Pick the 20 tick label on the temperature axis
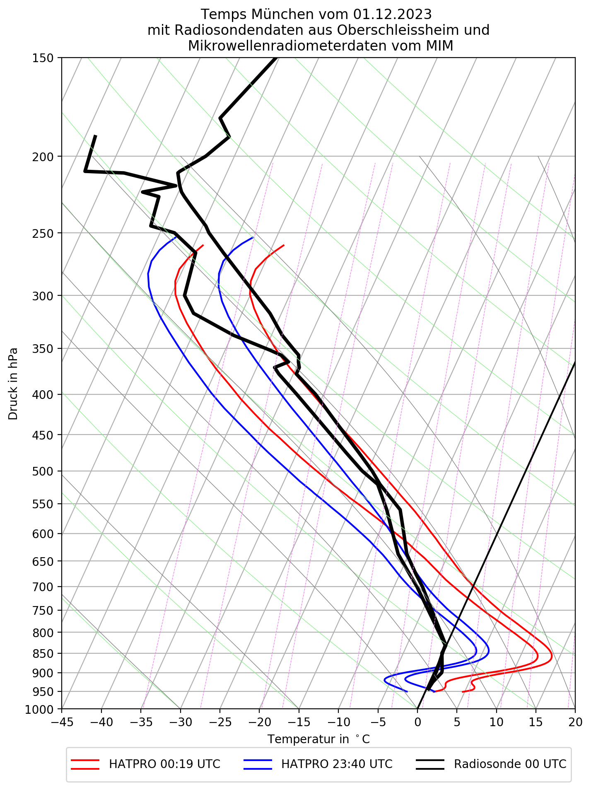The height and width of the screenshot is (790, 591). pyautogui.click(x=575, y=722)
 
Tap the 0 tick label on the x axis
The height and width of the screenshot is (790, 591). pyautogui.click(x=417, y=722)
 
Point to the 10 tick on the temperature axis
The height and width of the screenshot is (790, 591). pyautogui.click(x=496, y=722)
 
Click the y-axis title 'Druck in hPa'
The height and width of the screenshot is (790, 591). pyautogui.click(x=13, y=384)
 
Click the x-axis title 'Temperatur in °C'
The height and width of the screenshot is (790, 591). pyautogui.click(x=318, y=739)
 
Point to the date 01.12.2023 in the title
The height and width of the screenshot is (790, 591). pyautogui.click(x=392, y=14)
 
